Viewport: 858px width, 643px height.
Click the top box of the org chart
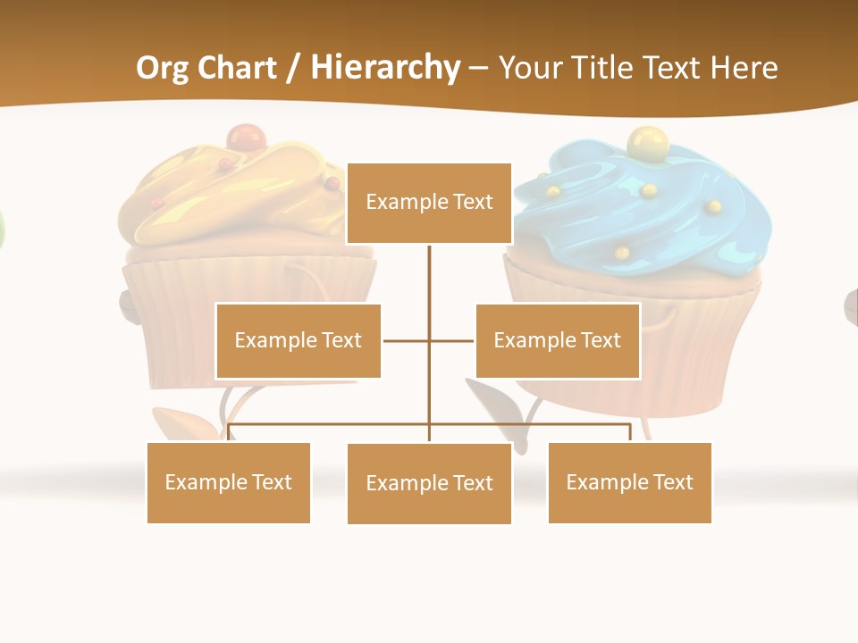click(x=429, y=203)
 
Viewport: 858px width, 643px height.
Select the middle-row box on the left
click(x=298, y=340)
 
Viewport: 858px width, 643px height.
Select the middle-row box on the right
click(x=557, y=340)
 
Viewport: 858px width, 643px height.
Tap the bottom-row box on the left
click(x=228, y=482)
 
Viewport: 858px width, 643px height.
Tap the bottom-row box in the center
click(x=429, y=483)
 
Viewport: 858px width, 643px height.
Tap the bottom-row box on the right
click(x=629, y=482)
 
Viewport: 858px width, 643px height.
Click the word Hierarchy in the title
click(x=386, y=68)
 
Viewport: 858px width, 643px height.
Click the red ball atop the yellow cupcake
click(x=246, y=138)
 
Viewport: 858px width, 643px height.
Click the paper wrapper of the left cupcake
click(x=179, y=313)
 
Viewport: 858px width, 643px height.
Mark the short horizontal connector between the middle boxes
click(x=407, y=340)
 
